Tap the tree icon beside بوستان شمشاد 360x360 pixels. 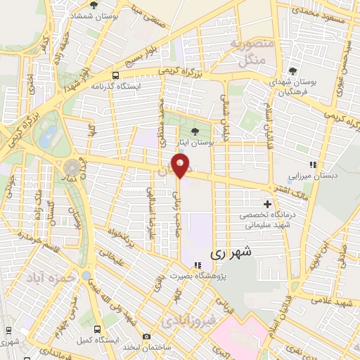click(x=94, y=6)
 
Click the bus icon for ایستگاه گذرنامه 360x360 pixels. click(x=115, y=74)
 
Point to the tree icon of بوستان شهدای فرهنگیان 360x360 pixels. click(x=295, y=70)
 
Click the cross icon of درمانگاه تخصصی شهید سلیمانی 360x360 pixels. click(x=266, y=204)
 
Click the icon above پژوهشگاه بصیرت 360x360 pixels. click(x=198, y=265)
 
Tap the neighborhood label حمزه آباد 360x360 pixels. click(x=50, y=279)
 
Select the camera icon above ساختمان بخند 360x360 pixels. click(x=146, y=337)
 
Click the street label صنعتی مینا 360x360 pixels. click(x=157, y=12)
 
